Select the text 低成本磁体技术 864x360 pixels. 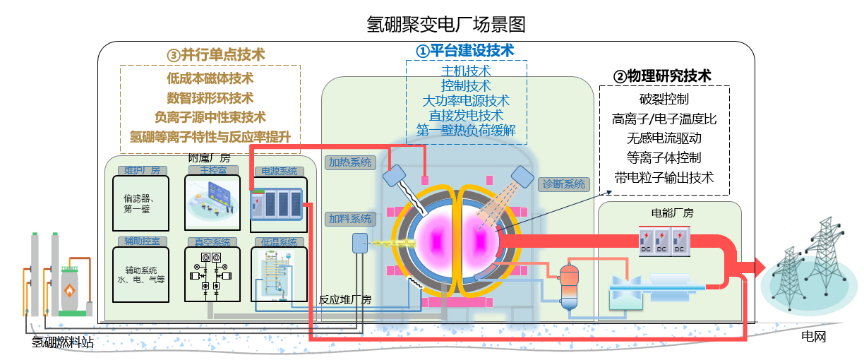(x=210, y=78)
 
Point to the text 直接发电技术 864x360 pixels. (x=466, y=116)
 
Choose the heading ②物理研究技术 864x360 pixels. (x=661, y=76)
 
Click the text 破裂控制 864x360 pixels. (x=664, y=99)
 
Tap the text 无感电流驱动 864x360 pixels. (x=664, y=138)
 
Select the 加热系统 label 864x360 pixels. (x=349, y=162)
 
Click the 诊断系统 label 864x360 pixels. (x=563, y=184)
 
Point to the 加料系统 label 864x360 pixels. (x=349, y=219)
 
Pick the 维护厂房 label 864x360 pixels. (x=143, y=170)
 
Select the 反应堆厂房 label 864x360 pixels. (x=345, y=299)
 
